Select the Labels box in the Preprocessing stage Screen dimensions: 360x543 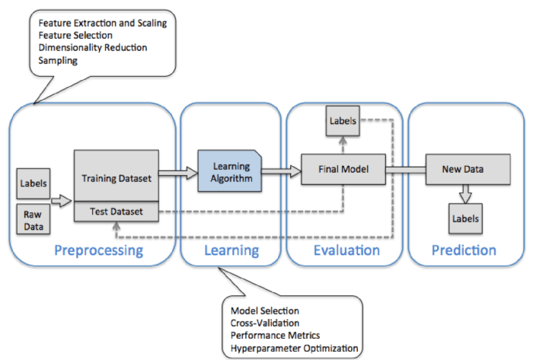pyautogui.click(x=34, y=183)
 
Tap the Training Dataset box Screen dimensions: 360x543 pyautogui.click(x=116, y=177)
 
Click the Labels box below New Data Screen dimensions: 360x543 pyautogui.click(x=465, y=218)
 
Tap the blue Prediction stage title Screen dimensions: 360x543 pyautogui.click(x=464, y=250)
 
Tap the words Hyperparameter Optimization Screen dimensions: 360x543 pyautogui.click(x=294, y=348)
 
